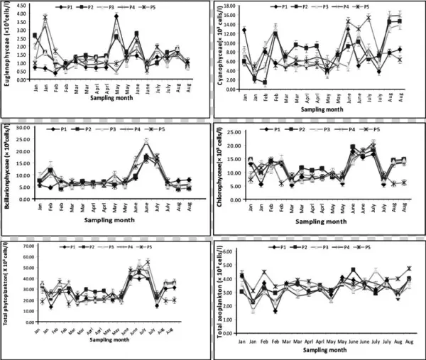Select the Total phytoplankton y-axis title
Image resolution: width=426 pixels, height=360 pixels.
8,283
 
